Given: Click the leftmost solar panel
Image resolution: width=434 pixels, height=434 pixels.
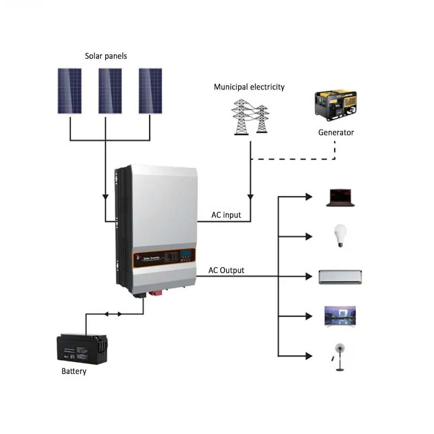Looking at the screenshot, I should pos(70,91).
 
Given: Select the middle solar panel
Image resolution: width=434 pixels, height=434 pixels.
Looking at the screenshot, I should pos(110,91).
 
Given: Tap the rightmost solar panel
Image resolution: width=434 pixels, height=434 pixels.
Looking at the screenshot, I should pos(150,91).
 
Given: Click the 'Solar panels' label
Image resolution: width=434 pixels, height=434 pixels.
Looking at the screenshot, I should pos(106,56).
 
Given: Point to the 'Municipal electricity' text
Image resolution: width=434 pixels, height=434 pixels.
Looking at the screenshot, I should pos(249,87).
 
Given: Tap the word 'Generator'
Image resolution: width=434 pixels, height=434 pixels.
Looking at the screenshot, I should pos(336,132).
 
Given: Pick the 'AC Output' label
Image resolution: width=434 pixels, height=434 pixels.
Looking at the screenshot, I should pos(226,270).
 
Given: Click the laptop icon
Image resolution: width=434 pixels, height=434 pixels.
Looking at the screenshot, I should pos(340,198).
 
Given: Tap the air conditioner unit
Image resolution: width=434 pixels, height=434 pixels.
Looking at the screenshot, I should pos(340,277).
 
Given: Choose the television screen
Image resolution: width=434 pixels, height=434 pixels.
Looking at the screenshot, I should pos(340,315).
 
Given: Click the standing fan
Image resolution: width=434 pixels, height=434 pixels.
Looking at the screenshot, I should pos(340,355).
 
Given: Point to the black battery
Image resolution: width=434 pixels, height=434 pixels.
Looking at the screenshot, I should pos(82,348).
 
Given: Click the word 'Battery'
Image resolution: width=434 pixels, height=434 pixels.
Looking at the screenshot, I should pos(74,372).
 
